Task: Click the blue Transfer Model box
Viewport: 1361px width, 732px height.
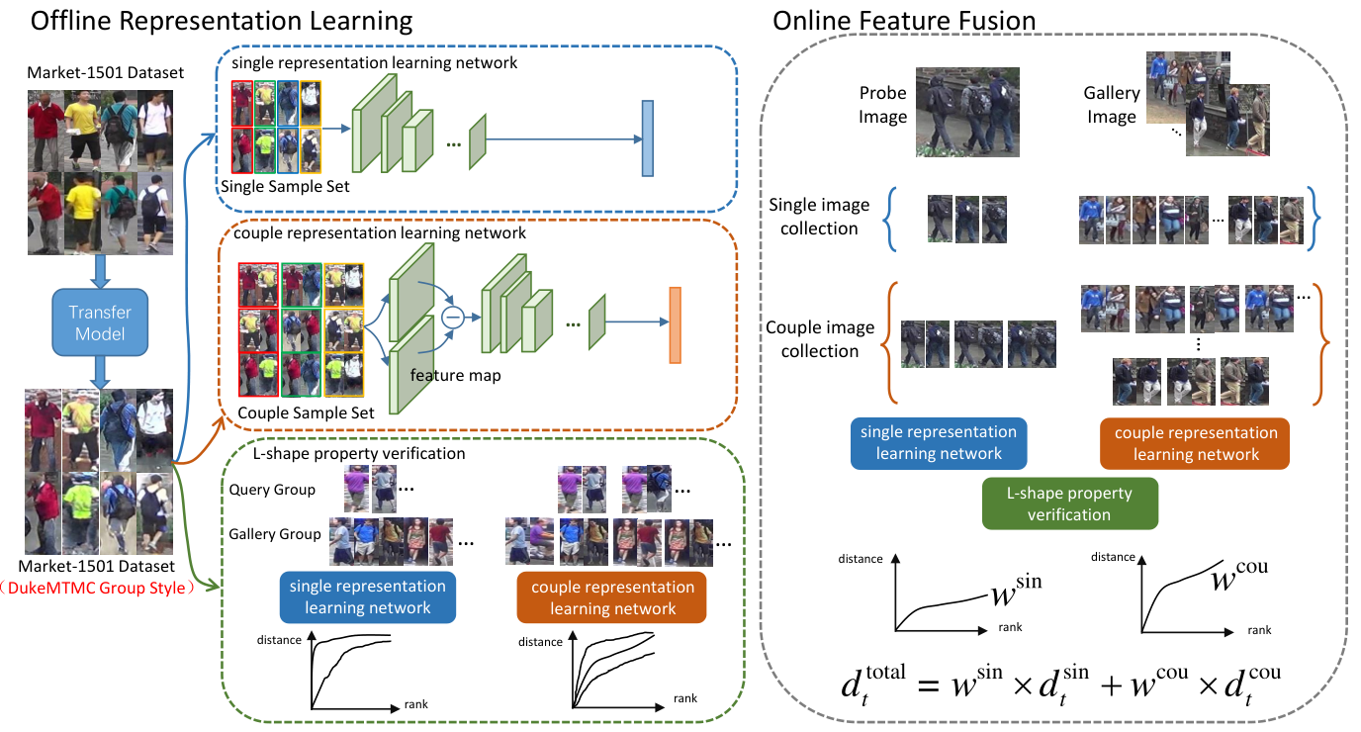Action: point(100,322)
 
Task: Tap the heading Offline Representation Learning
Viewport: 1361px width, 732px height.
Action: point(222,21)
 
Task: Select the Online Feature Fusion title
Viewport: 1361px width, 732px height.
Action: point(904,21)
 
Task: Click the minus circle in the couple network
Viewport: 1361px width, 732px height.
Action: point(453,318)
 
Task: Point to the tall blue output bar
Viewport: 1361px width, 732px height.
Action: point(648,138)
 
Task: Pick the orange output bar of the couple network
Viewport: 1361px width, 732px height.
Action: point(675,325)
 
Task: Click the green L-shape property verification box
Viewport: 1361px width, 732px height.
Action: point(1070,503)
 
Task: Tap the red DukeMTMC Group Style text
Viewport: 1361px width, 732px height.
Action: point(97,588)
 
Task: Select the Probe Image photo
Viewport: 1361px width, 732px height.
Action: point(967,113)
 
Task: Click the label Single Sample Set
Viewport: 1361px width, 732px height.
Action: point(285,187)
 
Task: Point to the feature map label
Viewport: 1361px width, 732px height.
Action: point(455,376)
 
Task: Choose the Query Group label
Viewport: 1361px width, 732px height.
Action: point(272,490)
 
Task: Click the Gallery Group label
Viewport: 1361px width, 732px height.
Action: point(275,534)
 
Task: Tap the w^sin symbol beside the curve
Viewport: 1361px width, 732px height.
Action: point(1016,591)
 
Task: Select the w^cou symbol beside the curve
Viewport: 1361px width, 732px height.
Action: point(1239,576)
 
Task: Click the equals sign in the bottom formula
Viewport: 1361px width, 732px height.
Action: point(929,686)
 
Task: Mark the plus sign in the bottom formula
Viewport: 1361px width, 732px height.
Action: point(1112,686)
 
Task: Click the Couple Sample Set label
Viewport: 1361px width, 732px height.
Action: point(306,413)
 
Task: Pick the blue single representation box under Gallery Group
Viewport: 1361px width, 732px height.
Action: point(368,597)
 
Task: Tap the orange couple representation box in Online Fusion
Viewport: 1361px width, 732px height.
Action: point(1195,443)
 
